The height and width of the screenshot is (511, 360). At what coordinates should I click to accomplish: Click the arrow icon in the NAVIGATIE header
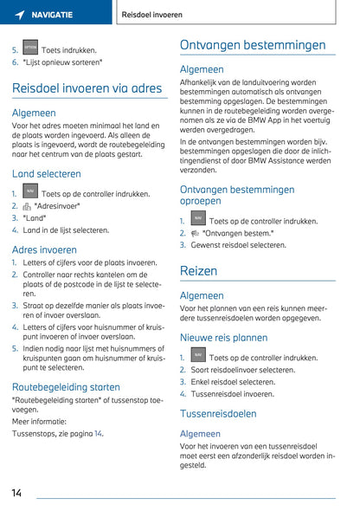coord(19,15)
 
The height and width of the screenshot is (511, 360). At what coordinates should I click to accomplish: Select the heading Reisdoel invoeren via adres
coord(87,88)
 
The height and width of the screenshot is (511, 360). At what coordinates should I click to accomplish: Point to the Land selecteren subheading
coord(47,173)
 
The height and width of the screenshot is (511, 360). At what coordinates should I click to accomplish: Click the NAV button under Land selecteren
coord(30,193)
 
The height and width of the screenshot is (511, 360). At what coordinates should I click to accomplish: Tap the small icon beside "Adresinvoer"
coord(27,207)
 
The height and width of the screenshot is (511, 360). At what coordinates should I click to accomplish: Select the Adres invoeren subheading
coord(44,249)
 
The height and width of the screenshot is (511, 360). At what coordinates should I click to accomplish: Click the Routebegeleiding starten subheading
coord(66,386)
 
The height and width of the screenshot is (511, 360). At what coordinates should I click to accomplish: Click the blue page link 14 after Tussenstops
coord(98,433)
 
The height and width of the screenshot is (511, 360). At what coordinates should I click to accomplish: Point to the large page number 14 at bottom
coord(16,493)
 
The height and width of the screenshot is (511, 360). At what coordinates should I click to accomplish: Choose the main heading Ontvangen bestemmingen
coord(253,45)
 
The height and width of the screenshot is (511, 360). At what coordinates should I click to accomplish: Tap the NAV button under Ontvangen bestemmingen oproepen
coord(198,220)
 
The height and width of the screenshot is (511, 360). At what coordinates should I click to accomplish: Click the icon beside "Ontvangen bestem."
coord(195,234)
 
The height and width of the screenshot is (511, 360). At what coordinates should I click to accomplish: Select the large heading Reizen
coord(198,271)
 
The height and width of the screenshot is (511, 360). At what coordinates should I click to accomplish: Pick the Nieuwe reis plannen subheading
coord(223,338)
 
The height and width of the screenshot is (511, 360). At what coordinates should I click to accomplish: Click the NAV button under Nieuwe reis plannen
coord(198,356)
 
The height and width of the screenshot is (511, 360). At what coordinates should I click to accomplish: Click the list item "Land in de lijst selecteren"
coord(66,230)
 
